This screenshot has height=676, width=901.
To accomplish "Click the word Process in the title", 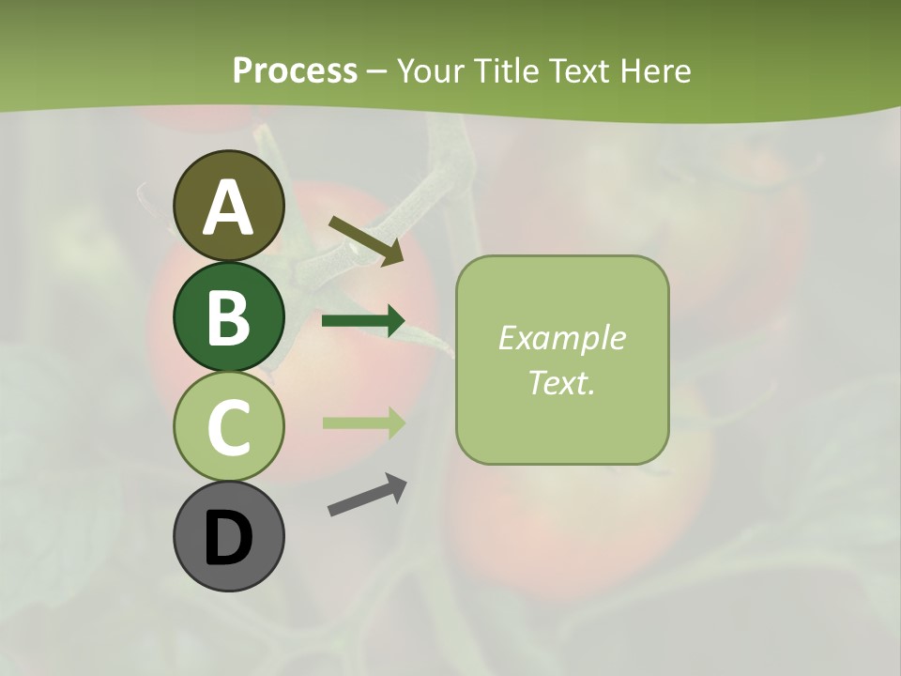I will [295, 71].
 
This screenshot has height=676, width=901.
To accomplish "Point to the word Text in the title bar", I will [587, 71].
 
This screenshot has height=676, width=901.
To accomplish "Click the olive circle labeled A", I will [228, 207].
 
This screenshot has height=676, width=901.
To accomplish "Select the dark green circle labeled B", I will [228, 316].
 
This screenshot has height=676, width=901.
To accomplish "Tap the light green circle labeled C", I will [228, 426].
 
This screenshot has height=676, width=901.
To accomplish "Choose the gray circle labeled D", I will [228, 536].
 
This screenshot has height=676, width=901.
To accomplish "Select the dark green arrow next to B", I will [362, 321].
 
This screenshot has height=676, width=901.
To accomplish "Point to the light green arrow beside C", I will [362, 422].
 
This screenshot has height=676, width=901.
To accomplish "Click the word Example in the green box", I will [561, 338].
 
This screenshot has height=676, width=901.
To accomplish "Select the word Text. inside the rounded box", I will [561, 382].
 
